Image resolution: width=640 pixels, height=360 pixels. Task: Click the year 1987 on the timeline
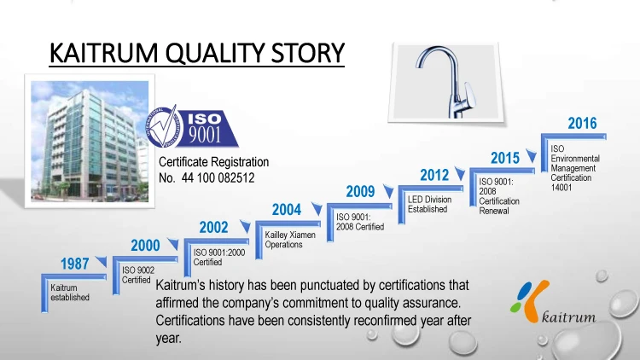click(75, 264)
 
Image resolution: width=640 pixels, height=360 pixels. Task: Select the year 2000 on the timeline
click(145, 246)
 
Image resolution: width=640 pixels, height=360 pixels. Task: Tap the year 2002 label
click(213, 228)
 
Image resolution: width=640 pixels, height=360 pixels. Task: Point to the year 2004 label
click(287, 210)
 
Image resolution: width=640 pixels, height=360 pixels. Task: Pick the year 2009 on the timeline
click(360, 191)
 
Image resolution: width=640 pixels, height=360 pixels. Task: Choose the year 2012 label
click(434, 175)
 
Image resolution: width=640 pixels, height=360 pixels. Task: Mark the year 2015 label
click(505, 158)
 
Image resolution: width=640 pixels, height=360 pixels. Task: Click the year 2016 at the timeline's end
click(583, 123)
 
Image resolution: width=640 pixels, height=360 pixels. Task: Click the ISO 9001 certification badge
click(192, 127)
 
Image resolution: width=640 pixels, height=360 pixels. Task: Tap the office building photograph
click(90, 142)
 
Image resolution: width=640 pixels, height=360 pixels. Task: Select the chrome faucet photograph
click(445, 83)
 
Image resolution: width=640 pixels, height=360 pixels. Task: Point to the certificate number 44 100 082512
click(218, 178)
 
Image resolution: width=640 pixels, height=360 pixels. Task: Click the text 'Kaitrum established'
click(70, 293)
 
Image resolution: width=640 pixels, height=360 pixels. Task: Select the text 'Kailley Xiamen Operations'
click(290, 240)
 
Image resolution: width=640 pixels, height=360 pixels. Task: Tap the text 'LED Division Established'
click(429, 204)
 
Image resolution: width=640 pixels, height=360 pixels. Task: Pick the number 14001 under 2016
click(561, 188)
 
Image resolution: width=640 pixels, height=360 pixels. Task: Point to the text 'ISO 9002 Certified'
click(138, 275)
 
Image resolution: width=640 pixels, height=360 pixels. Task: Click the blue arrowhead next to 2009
click(388, 191)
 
